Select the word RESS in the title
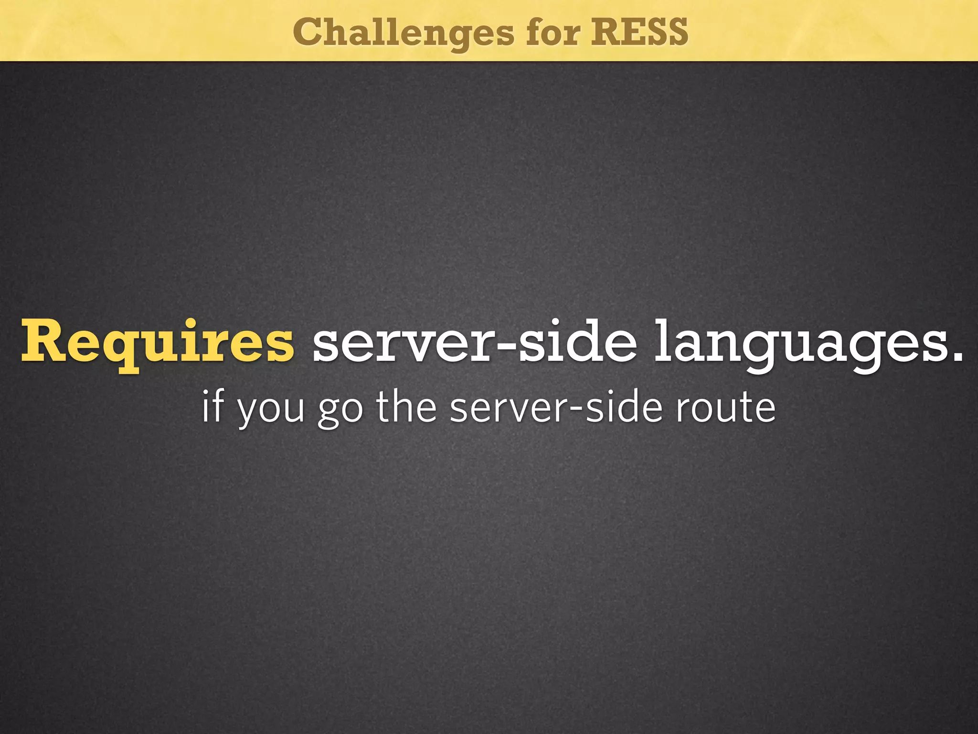pyautogui.click(x=639, y=32)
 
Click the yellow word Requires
pyautogui.click(x=157, y=342)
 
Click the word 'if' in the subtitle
pyautogui.click(x=212, y=407)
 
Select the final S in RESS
pyautogui.click(x=675, y=32)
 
